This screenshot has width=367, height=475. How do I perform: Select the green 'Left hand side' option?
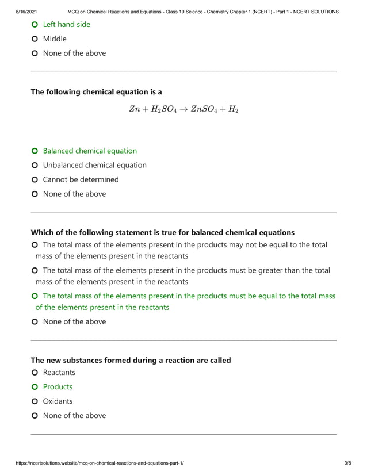66,24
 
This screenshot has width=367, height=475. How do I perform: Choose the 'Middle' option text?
55,39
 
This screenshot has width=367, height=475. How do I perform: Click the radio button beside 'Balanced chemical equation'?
35,151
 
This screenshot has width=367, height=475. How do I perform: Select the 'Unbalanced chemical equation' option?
94,165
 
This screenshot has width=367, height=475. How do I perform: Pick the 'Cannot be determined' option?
81,179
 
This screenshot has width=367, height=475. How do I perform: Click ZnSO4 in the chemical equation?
204,109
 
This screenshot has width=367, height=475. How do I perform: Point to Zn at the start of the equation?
134,109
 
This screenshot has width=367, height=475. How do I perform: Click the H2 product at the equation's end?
232,109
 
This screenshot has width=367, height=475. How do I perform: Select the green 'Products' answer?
58,386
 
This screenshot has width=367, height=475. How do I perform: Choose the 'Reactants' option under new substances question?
59,372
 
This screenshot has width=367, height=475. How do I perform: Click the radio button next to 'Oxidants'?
35,401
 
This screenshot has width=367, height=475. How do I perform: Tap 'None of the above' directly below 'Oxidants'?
74,415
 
